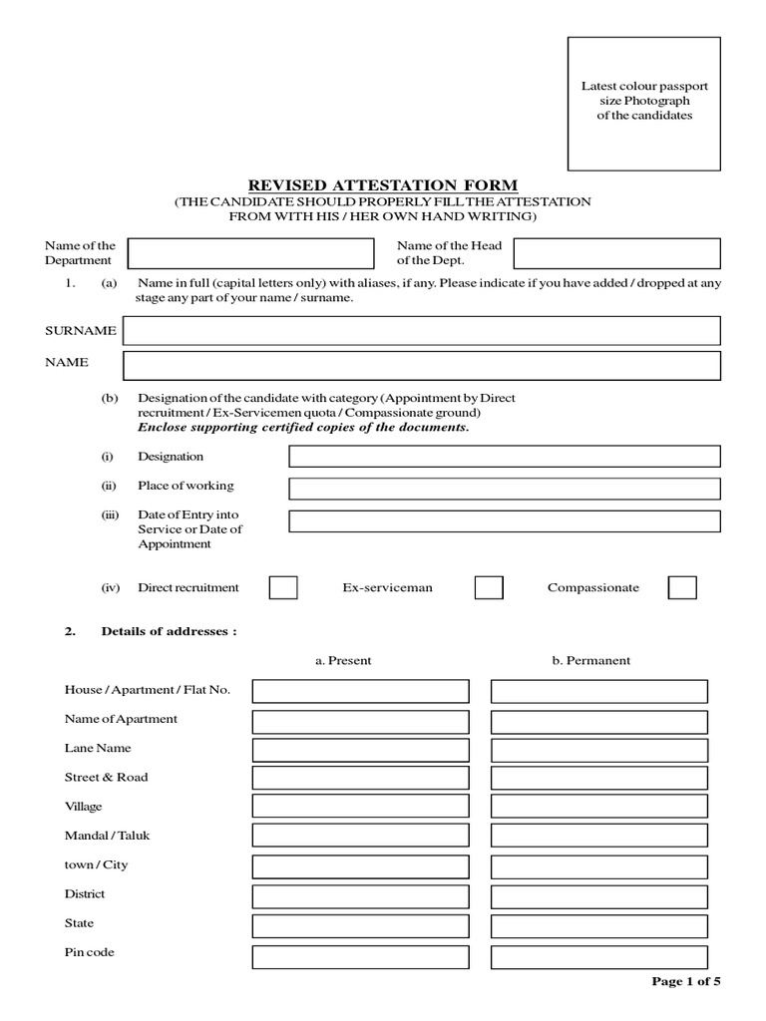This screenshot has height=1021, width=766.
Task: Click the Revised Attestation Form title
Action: point(383,184)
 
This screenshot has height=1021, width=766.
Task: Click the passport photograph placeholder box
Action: point(643,104)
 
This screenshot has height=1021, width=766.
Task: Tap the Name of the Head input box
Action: point(616,253)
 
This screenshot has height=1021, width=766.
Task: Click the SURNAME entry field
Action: point(421,330)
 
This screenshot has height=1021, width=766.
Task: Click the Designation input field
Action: point(504,457)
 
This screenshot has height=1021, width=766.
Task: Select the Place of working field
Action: point(504,489)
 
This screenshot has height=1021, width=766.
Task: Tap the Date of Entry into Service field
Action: point(504,521)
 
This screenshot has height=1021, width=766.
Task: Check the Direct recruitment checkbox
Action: point(283,587)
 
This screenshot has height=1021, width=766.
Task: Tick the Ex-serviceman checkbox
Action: point(489,587)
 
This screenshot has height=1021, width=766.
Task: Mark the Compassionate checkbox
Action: point(682,587)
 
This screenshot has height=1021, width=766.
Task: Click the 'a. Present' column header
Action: point(343,660)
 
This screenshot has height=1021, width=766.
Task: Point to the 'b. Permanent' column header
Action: point(590,660)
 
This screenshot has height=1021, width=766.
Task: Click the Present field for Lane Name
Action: point(360,750)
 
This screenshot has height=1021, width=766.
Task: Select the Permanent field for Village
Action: point(598,806)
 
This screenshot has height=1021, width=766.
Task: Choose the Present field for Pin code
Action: point(360,957)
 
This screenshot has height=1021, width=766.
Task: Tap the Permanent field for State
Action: point(598,925)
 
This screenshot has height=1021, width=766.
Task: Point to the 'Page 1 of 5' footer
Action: point(685,981)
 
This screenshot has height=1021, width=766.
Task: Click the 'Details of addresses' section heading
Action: point(169,631)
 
